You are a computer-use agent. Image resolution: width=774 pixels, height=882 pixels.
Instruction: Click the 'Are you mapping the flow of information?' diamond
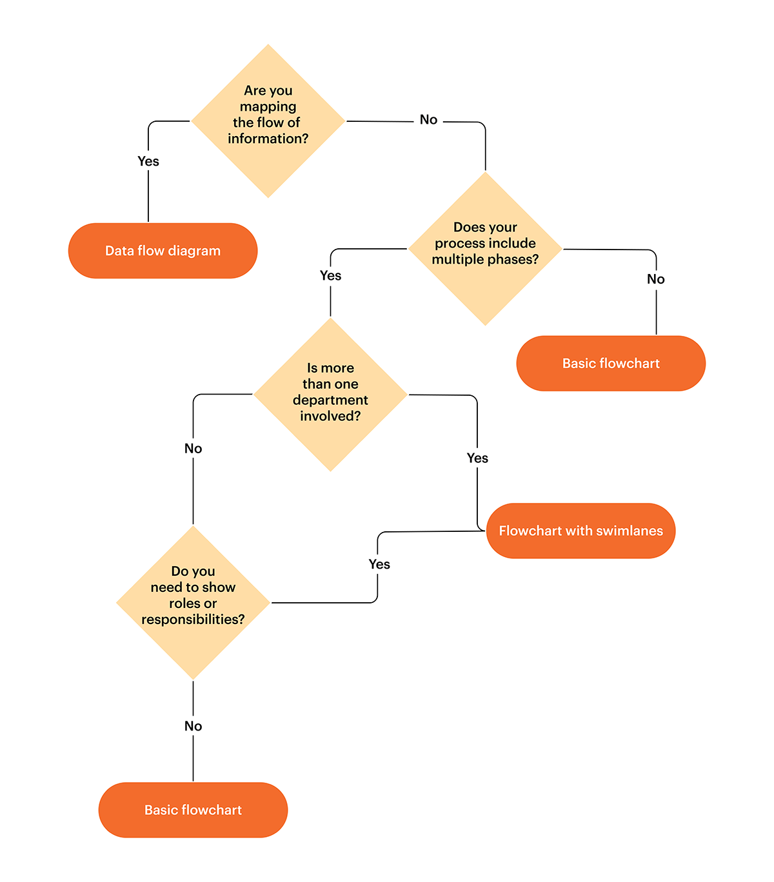point(268,121)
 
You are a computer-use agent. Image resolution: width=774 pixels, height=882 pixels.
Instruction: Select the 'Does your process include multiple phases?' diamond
point(485,248)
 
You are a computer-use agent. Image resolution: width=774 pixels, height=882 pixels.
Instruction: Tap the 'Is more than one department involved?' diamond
point(330,394)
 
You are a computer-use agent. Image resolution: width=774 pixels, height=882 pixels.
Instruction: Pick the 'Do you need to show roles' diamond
point(193,602)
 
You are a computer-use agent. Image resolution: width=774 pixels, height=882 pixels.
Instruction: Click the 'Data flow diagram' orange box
point(163,251)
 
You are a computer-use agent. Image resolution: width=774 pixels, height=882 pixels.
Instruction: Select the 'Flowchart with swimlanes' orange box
point(580,531)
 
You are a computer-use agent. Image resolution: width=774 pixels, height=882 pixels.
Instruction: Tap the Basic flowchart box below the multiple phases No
point(611,363)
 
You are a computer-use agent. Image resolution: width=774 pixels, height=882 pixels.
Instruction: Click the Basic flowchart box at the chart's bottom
point(193,810)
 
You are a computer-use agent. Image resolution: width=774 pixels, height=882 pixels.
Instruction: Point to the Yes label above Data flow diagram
point(148,161)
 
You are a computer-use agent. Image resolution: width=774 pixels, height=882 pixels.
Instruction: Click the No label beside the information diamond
point(428,120)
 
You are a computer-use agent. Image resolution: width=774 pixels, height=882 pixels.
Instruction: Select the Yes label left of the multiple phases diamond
point(330,275)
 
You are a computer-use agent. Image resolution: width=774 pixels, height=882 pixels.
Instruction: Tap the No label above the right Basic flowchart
point(655,279)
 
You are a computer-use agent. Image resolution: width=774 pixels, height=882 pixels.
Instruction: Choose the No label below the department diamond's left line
point(193,448)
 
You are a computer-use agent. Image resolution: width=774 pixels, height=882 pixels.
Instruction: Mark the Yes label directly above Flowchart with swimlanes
point(477,458)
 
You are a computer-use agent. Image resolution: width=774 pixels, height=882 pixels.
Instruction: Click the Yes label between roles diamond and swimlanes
point(379,564)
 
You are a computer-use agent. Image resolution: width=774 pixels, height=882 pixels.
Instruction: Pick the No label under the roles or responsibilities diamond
point(193,726)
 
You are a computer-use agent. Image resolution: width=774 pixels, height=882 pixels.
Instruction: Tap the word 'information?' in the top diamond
point(268,139)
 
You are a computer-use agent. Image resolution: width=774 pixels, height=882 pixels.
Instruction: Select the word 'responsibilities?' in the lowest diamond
point(193,620)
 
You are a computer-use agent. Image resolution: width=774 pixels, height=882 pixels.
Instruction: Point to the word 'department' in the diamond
point(330,400)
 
